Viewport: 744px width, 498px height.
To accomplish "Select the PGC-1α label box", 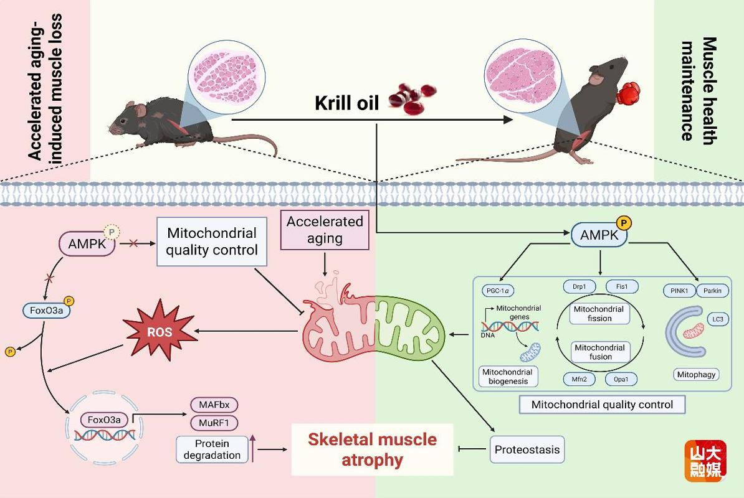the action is point(498,291).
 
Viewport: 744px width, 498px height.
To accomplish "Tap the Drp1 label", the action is point(579,287).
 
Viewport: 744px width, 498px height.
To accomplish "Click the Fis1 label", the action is point(622,287).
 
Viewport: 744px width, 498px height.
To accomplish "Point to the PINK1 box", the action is point(679,291).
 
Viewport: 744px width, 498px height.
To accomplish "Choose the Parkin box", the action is point(712,291).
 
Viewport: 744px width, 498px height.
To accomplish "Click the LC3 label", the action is point(718,319).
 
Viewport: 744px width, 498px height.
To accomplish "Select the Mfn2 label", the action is point(579,379).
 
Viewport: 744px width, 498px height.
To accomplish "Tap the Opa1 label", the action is point(621,379).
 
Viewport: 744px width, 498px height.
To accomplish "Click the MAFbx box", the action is point(214,405).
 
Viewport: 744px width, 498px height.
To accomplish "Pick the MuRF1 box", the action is point(214,423).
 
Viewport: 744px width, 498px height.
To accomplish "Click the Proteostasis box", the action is point(527,449).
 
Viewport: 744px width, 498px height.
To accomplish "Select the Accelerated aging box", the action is point(325,230).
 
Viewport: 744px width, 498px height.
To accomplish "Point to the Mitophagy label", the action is point(696,374).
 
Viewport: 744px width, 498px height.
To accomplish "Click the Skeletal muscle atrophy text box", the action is point(373,449).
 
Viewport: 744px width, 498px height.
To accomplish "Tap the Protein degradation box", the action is point(212,449).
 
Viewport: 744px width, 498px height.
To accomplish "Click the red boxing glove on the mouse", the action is point(629,93).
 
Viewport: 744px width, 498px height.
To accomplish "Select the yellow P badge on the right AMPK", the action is point(624,223).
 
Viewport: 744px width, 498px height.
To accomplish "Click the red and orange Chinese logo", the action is point(705,461).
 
